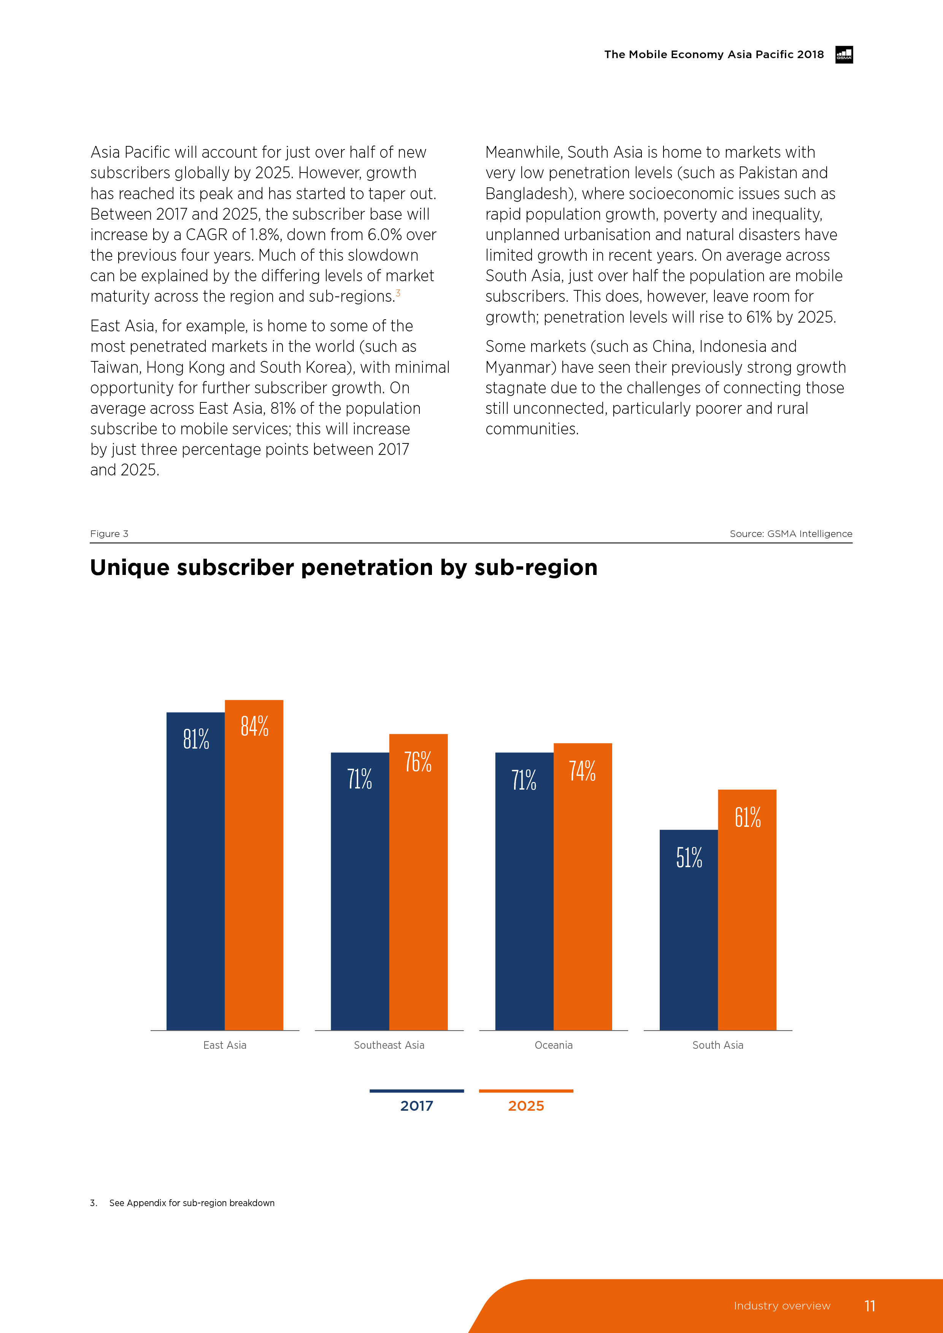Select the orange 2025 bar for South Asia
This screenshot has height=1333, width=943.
pyautogui.click(x=747, y=912)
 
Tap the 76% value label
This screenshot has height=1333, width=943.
pyautogui.click(x=418, y=762)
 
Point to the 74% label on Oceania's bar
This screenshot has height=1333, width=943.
pyautogui.click(x=582, y=771)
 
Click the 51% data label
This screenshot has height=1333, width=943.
pyautogui.click(x=689, y=858)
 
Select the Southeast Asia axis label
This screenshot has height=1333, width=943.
pyautogui.click(x=389, y=1045)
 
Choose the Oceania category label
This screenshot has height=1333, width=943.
pyautogui.click(x=553, y=1045)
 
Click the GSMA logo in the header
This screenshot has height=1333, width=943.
pyautogui.click(x=844, y=55)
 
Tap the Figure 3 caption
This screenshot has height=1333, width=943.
pyautogui.click(x=109, y=534)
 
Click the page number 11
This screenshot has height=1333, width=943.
pyautogui.click(x=869, y=1306)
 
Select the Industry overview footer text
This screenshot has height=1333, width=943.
pyautogui.click(x=781, y=1306)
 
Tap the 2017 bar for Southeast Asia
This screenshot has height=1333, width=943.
pyautogui.click(x=360, y=894)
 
